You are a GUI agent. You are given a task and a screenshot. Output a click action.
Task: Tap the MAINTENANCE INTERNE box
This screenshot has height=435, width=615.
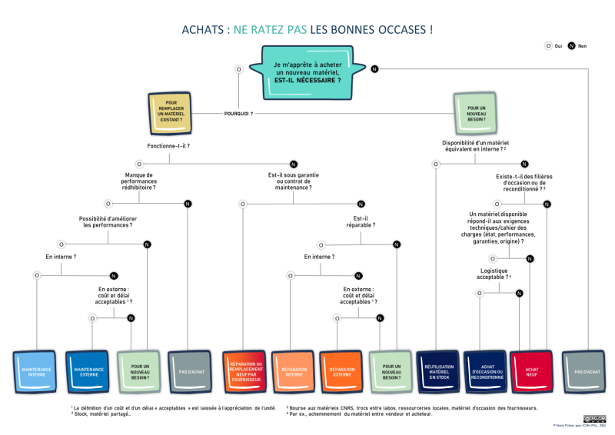coord(36,372)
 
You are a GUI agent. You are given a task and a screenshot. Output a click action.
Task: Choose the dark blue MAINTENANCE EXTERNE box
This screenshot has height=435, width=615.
coord(88,372)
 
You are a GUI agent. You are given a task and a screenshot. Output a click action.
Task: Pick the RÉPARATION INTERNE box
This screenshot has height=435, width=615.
coord(293,372)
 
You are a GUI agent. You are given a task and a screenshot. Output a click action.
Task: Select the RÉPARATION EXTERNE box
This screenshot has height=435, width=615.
coord(341,372)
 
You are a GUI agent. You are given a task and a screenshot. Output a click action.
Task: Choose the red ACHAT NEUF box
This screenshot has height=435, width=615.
coord(531,372)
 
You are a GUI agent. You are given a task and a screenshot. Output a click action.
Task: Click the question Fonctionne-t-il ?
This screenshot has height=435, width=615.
coord(168,145)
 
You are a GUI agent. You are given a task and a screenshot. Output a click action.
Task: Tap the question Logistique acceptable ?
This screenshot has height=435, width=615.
coord(496,273)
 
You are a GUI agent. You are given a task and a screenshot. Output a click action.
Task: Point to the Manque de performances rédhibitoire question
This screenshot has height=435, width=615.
coord(139,181)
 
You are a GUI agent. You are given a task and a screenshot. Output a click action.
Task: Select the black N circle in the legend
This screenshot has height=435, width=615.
coord(571,46)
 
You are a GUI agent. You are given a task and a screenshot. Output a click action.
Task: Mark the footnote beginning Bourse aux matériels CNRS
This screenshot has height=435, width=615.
coord(411,407)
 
